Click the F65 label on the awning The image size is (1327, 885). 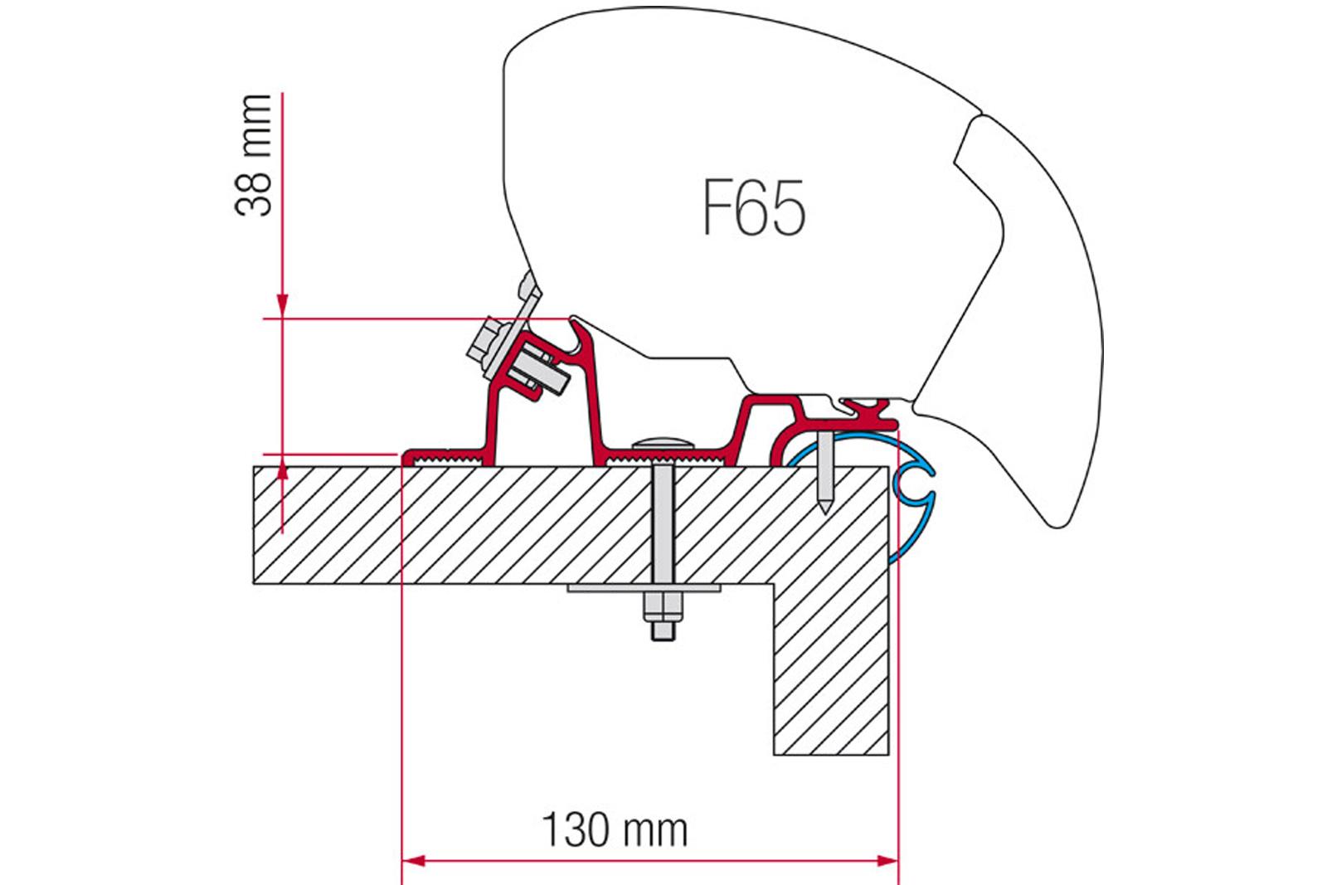pos(754,207)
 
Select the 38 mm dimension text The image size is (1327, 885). pos(254,155)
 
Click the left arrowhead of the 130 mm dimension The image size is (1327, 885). pos(414,861)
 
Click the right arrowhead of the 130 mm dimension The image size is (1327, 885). pos(887,861)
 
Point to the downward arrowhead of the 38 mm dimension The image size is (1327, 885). pos(283,304)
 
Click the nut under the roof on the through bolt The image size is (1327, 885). pos(663,606)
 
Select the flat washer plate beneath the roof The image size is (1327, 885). pos(644,588)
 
